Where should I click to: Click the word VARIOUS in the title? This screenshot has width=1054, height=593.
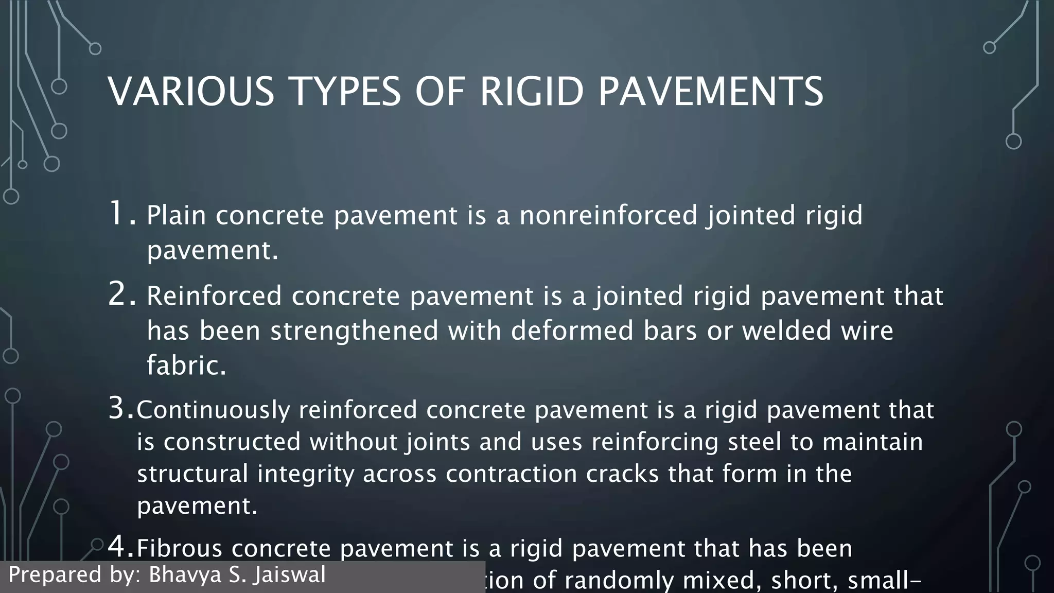tap(191, 91)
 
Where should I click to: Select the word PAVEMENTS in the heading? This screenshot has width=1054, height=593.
tap(711, 91)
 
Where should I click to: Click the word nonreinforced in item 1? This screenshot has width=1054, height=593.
tap(608, 215)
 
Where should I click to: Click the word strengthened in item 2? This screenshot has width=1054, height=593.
tap(354, 330)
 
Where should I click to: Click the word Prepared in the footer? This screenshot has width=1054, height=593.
tap(55, 574)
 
